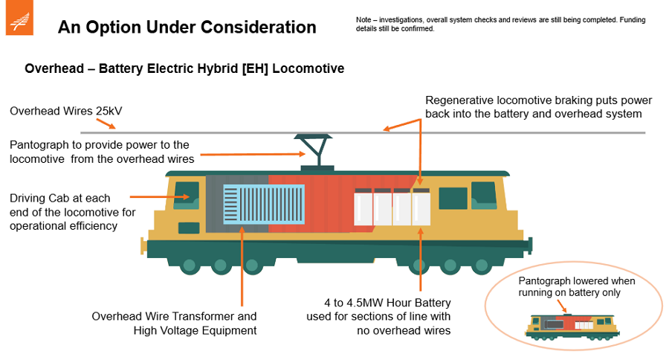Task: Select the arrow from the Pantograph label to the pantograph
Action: pyautogui.click(x=253, y=155)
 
